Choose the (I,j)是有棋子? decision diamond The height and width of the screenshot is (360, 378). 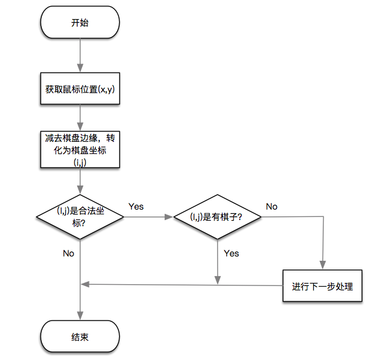click(216, 216)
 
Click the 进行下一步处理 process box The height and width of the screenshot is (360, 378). click(322, 286)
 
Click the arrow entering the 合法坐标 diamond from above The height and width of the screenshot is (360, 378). click(80, 181)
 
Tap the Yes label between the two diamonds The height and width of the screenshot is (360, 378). click(136, 207)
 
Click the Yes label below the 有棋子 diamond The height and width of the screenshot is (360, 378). click(231, 253)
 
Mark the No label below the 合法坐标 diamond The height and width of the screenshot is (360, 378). click(68, 253)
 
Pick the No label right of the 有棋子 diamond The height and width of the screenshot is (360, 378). click(271, 207)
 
